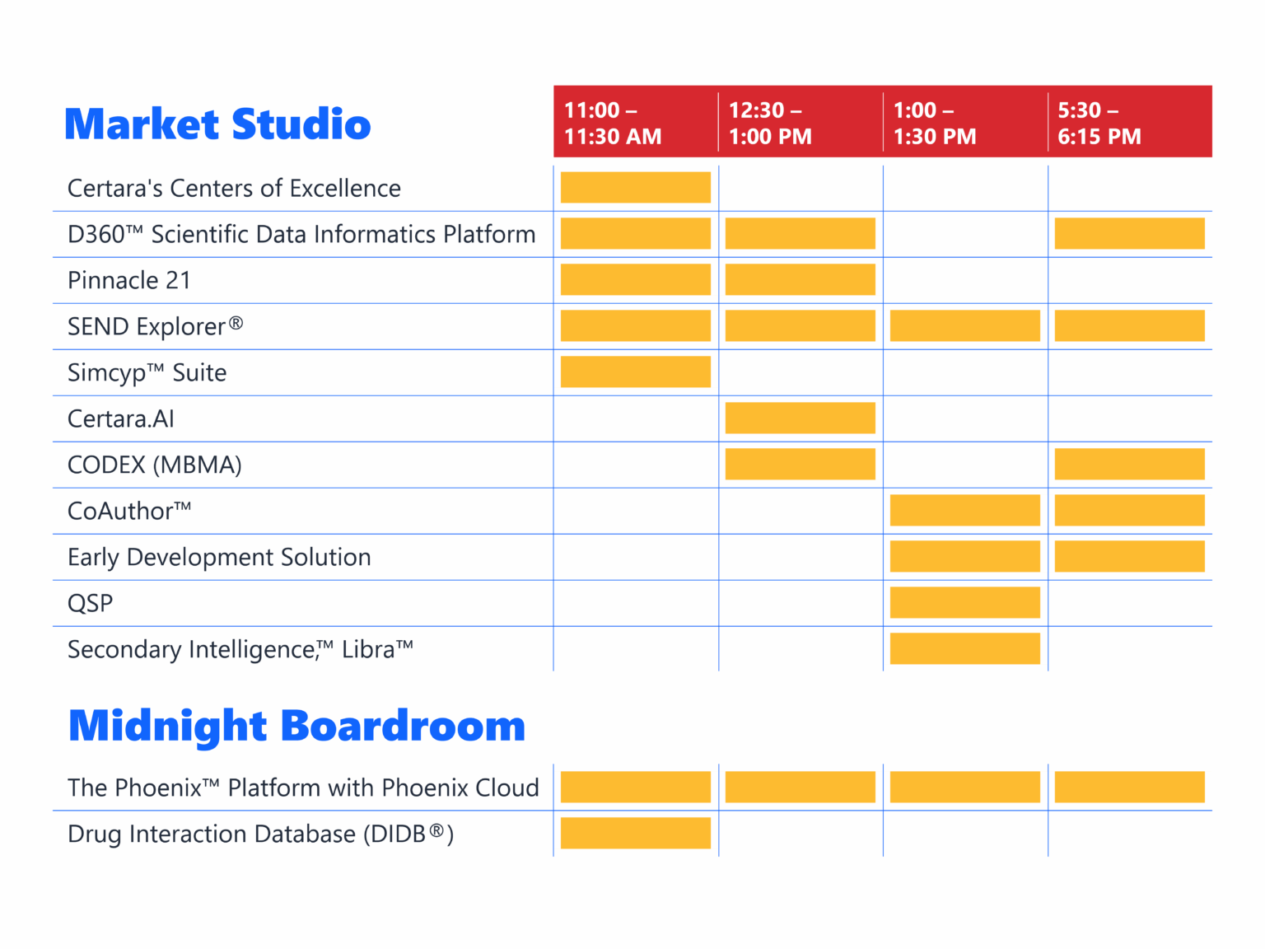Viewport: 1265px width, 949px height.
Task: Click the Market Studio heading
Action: point(217,124)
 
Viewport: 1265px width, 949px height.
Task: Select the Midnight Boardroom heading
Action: point(296,726)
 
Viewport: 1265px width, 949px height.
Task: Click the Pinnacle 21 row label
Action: point(129,280)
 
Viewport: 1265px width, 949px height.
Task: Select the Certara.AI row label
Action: point(121,418)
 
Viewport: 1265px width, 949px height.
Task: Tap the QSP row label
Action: point(91,603)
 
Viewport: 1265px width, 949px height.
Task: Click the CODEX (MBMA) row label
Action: point(155,465)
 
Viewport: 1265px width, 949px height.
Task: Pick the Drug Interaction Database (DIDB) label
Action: point(260,834)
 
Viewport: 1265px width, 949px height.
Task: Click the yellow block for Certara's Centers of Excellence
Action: point(636,187)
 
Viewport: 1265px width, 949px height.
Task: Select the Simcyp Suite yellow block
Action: point(636,372)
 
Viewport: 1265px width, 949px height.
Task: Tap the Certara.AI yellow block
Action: point(801,418)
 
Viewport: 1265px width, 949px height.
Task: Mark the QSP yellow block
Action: point(965,602)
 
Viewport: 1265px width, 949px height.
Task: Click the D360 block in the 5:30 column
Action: point(1130,233)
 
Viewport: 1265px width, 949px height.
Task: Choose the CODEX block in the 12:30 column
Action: point(801,464)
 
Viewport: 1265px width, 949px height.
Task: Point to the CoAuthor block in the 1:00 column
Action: point(965,510)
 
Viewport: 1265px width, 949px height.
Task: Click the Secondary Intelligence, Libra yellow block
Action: point(965,648)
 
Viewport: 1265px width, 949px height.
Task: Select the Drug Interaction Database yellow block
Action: point(636,833)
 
